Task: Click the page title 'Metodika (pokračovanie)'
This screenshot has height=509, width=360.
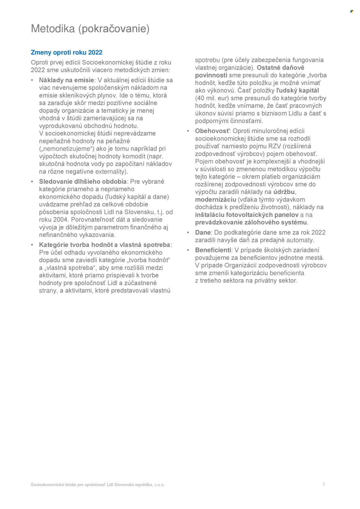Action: (90, 29)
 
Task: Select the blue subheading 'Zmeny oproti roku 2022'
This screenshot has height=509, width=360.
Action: (67, 52)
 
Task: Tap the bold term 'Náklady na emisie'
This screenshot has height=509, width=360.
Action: (67, 80)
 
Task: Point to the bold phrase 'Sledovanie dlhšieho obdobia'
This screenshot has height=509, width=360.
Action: (83, 182)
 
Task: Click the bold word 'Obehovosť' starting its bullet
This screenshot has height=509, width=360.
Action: (212, 131)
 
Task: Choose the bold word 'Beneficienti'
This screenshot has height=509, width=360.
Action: (213, 250)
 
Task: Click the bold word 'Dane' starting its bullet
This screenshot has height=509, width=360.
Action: (203, 233)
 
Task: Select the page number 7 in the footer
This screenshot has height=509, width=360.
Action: (323, 485)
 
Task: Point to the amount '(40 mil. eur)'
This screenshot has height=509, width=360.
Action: (212, 98)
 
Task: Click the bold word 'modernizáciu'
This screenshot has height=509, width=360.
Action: (215, 200)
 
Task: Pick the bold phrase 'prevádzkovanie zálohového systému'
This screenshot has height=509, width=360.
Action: (251, 223)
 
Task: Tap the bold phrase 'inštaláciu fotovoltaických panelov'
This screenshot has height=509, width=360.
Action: (247, 215)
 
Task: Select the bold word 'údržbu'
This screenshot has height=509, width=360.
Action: (284, 192)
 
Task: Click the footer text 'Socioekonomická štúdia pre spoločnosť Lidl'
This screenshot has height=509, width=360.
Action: (72, 485)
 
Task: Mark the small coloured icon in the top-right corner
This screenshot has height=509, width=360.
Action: (351, 11)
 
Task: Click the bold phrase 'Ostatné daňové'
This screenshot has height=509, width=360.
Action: (280, 68)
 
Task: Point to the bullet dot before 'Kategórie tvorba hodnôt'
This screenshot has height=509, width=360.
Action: (32, 245)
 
